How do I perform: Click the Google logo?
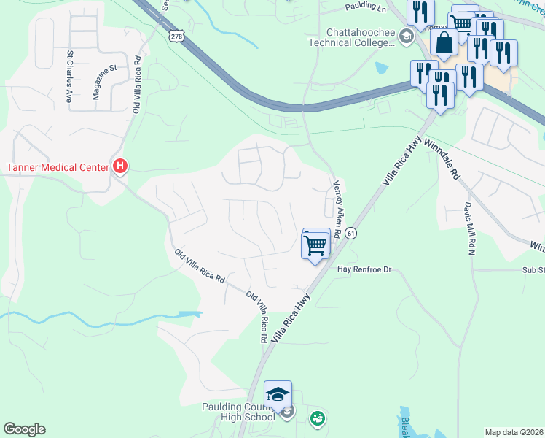(24, 429)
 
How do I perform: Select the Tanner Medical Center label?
(57, 167)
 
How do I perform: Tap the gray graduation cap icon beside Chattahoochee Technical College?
(406, 37)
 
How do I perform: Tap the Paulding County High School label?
(238, 411)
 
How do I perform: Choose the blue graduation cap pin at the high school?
(278, 395)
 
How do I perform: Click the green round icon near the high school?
(317, 418)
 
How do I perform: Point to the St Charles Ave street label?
(71, 74)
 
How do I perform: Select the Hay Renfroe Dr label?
(364, 269)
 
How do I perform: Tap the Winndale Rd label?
(442, 160)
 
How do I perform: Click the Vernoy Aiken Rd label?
(337, 210)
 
